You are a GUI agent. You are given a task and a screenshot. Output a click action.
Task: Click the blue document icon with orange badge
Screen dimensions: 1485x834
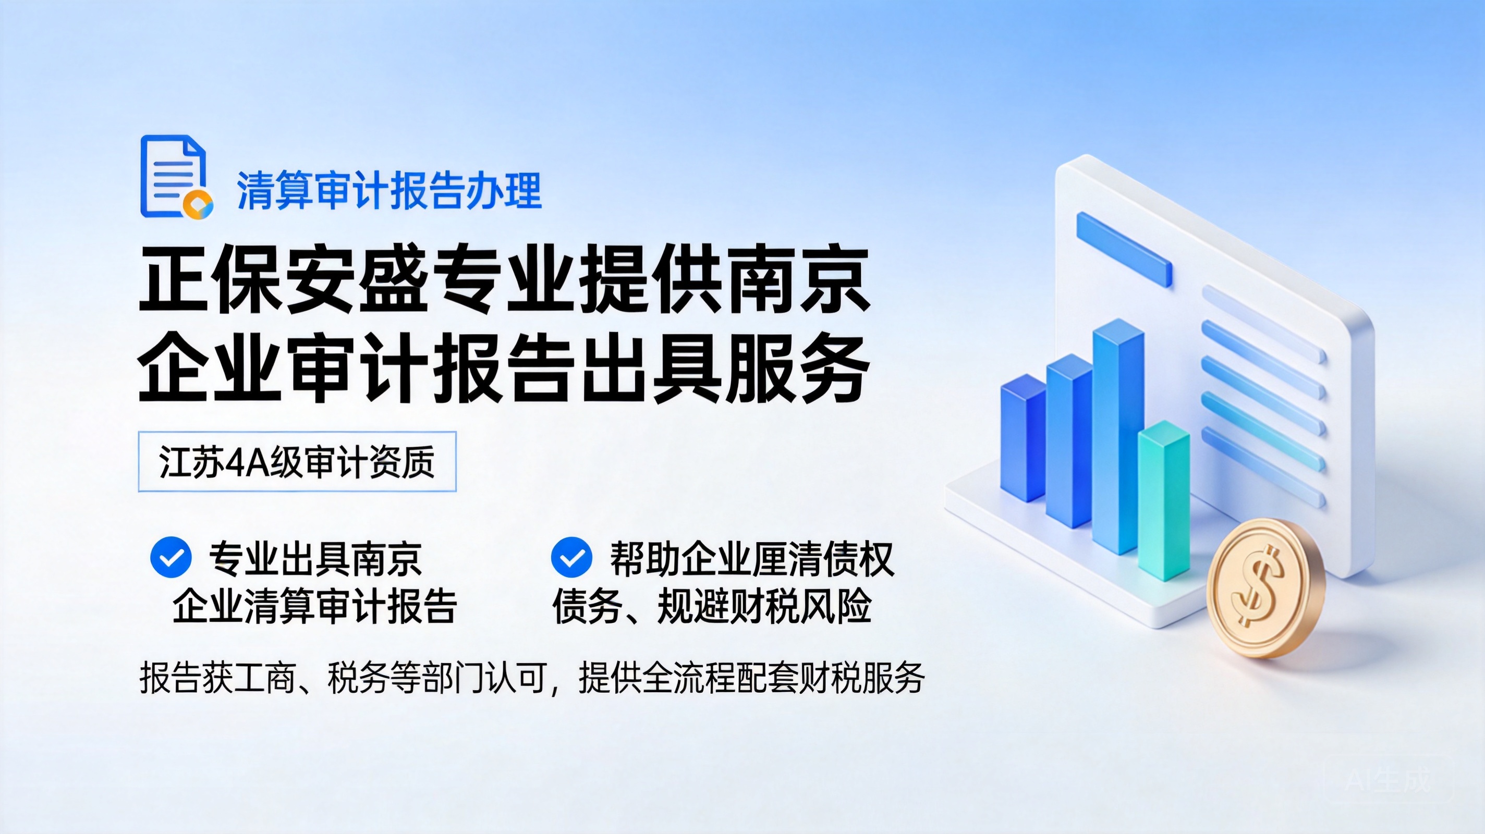176,177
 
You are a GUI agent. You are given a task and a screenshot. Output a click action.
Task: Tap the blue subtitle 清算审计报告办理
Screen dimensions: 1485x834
389,191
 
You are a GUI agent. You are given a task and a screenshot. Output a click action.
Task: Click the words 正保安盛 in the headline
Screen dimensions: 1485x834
283,280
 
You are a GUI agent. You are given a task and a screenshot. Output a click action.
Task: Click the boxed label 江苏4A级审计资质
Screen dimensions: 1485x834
297,462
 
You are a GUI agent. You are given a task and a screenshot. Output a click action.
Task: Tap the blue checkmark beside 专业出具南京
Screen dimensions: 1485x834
171,557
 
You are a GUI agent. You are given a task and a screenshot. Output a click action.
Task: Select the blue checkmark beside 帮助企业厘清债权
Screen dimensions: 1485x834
571,557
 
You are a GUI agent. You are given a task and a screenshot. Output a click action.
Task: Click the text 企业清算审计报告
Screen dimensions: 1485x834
315,606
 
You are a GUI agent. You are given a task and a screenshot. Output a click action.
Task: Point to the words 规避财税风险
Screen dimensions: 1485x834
764,606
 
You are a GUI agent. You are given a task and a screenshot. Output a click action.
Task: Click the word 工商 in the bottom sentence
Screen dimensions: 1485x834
264,678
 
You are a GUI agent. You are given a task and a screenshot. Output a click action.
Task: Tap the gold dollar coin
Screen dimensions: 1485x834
1266,588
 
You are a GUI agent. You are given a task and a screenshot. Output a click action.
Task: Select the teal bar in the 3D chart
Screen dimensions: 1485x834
1163,500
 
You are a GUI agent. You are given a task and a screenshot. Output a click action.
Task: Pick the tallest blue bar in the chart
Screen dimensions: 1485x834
1118,436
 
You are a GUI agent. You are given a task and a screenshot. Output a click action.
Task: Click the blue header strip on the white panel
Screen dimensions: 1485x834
1124,249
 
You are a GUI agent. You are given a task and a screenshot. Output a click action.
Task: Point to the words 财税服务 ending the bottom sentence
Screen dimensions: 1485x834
862,678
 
